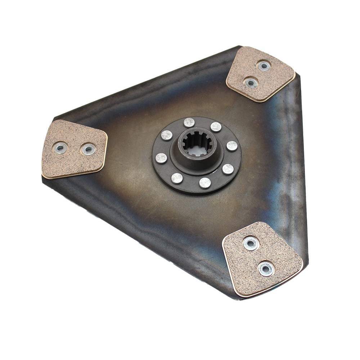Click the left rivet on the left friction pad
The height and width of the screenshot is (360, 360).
pyautogui.click(x=60, y=148)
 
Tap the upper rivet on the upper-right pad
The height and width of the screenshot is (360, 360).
pyautogui.click(x=264, y=66)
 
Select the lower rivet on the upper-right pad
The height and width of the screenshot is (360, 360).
pyautogui.click(x=250, y=82)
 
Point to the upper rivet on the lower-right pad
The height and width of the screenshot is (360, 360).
pyautogui.click(x=251, y=243)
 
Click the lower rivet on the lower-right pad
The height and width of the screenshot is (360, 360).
pyautogui.click(x=266, y=269)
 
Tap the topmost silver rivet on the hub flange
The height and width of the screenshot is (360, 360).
pyautogui.click(x=189, y=122)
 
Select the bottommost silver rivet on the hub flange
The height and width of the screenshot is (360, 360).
pyautogui.click(x=205, y=183)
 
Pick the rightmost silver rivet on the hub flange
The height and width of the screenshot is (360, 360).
pyautogui.click(x=232, y=146)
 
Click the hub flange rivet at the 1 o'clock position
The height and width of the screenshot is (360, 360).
pyautogui.click(x=216, y=127)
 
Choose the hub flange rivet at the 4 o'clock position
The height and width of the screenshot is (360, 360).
pyautogui.click(x=228, y=169)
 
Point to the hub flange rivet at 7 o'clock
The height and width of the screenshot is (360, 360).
pyautogui.click(x=177, y=178)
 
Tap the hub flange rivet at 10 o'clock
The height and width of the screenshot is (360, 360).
pyautogui.click(x=167, y=135)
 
